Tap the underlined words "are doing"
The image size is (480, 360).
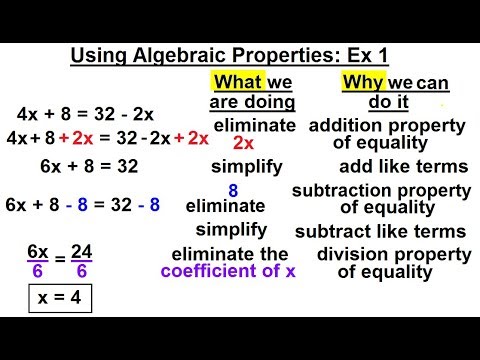tap(252, 102)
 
